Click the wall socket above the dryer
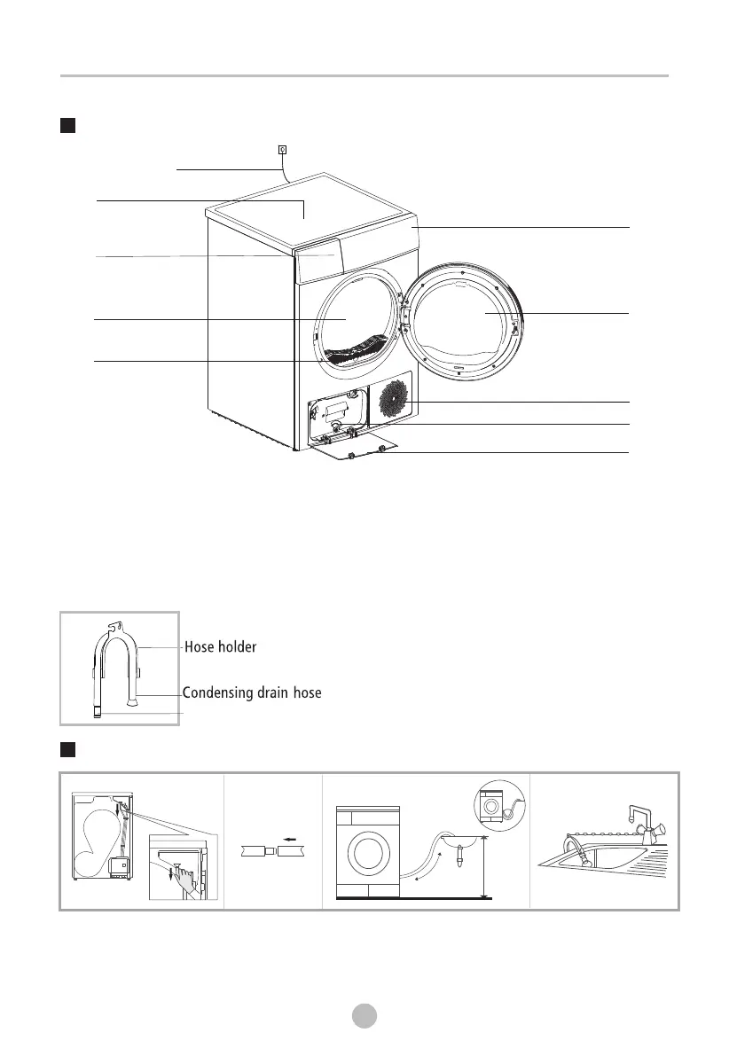(x=282, y=150)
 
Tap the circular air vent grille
(x=394, y=399)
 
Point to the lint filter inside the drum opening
(x=353, y=350)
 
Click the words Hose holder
(x=220, y=646)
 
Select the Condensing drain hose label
(x=252, y=692)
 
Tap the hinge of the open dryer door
(x=405, y=312)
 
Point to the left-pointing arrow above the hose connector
(x=290, y=839)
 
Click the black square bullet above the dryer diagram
(x=67, y=126)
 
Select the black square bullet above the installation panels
(x=67, y=749)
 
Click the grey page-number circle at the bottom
(x=364, y=1015)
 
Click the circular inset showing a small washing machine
(x=499, y=805)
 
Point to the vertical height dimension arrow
(x=484, y=867)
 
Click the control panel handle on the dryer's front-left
(x=317, y=261)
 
